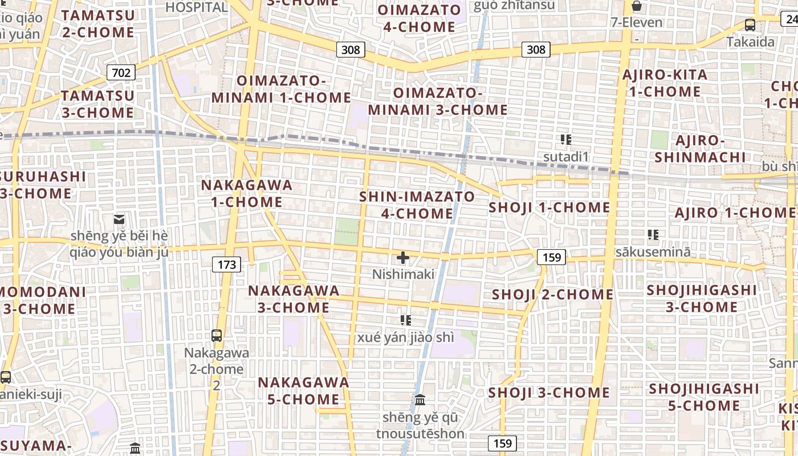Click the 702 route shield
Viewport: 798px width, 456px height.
[121, 72]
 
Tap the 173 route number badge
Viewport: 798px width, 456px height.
[227, 264]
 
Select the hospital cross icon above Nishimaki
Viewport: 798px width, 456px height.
[403, 258]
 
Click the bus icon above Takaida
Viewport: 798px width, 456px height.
[750, 25]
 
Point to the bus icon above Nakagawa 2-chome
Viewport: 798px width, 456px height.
[217, 335]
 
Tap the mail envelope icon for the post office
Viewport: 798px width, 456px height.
[119, 219]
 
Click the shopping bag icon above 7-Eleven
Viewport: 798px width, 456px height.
[637, 6]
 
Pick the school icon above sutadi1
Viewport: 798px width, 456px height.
[565, 140]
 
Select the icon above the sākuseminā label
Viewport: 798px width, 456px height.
[653, 234]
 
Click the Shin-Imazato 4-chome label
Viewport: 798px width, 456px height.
[417, 205]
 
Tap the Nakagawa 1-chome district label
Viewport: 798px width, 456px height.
[247, 194]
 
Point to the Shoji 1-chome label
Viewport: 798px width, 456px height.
[549, 207]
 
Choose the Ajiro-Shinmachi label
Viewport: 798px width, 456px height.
[700, 149]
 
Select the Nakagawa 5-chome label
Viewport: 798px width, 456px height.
[303, 390]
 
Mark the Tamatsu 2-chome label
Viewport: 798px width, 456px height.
[98, 23]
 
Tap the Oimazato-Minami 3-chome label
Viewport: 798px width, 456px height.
[438, 101]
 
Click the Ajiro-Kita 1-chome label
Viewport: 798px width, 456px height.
[665, 83]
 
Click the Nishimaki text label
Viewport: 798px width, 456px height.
[403, 275]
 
